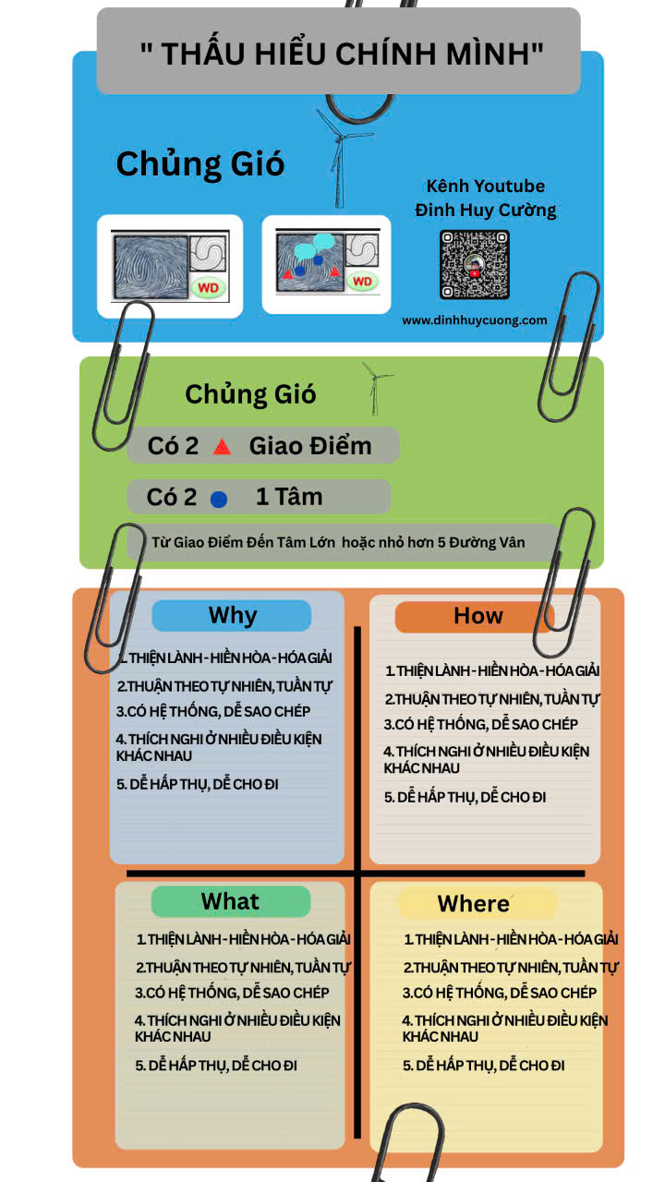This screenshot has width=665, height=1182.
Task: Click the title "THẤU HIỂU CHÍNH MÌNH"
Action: [342, 54]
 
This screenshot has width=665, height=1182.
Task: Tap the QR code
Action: [474, 264]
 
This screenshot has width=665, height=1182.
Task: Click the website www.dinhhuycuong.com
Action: [474, 320]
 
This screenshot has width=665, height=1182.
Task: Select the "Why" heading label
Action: [232, 615]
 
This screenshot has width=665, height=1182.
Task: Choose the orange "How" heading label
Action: [477, 617]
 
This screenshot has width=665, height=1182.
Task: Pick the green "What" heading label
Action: [230, 901]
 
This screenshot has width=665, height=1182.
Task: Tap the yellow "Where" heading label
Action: [474, 903]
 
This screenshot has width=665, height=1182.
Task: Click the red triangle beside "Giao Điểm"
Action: [222, 447]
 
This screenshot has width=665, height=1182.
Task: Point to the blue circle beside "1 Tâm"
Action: [219, 499]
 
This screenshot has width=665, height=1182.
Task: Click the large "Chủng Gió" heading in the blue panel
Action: [199, 164]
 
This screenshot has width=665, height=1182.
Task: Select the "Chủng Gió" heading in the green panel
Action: [250, 394]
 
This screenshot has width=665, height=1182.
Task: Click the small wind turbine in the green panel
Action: [375, 386]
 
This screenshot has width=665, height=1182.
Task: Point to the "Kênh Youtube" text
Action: [485, 187]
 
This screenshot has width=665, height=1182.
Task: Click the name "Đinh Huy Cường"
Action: [486, 211]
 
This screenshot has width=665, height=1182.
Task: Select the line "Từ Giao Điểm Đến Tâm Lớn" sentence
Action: [338, 542]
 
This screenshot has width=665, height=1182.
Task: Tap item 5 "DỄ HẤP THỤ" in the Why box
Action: [198, 784]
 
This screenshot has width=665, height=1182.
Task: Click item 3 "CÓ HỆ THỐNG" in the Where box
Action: [499, 993]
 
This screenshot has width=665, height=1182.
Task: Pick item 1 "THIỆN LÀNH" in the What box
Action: [243, 939]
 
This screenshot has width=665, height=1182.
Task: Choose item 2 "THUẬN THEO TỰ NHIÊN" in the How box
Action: [492, 699]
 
